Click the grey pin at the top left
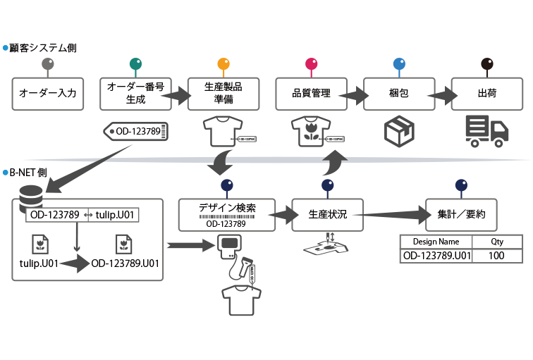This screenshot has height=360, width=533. [48, 65]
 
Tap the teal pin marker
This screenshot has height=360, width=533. [135, 64]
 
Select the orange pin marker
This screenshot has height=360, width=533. [223, 65]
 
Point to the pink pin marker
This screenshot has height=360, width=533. [311, 65]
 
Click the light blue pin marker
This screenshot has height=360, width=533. [399, 65]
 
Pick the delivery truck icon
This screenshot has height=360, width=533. [486, 132]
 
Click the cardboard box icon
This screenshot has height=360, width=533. [398, 132]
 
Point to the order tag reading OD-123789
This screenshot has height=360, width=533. [137, 130]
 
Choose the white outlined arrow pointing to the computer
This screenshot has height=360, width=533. [190, 245]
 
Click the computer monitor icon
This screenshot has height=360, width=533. [230, 244]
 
